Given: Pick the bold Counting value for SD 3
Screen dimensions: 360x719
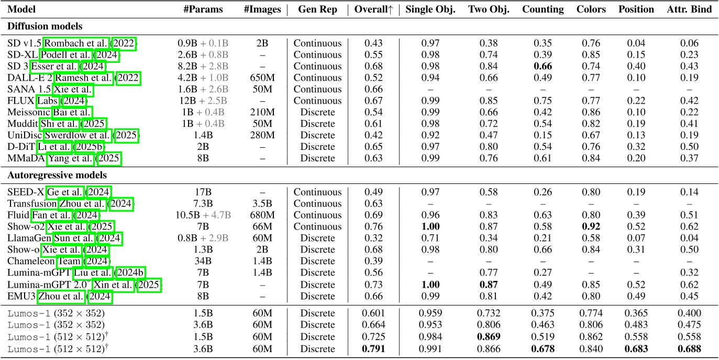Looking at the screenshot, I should click(x=543, y=67).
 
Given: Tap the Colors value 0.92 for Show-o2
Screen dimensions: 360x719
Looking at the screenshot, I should click(x=591, y=227).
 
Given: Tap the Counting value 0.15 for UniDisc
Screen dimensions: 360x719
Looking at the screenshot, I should click(x=543, y=135).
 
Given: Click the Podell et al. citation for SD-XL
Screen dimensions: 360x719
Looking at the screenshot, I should click(x=67, y=55).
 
